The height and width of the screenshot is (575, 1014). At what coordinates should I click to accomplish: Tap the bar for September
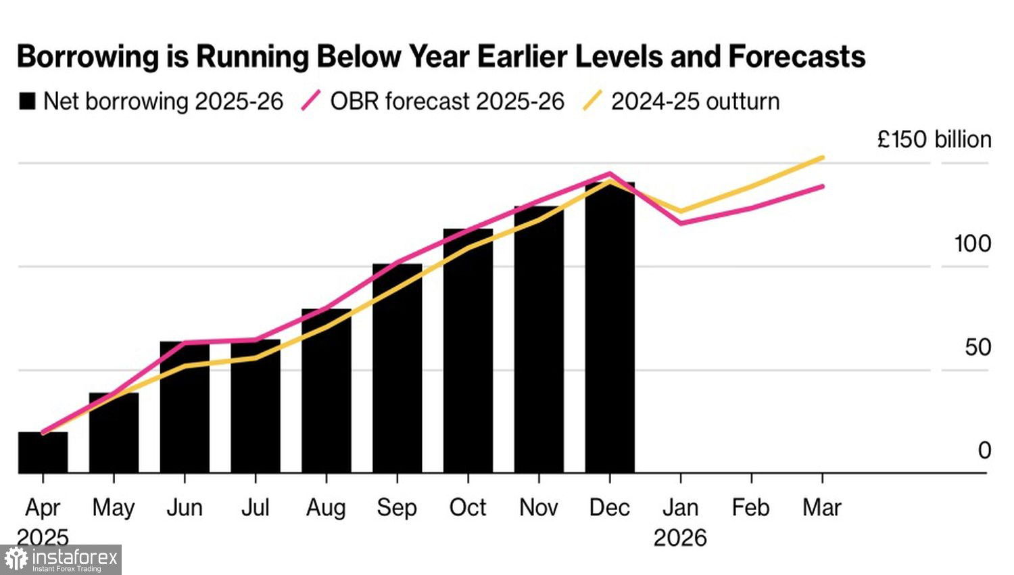click(397, 369)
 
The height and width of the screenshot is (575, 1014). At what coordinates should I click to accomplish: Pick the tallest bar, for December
click(610, 328)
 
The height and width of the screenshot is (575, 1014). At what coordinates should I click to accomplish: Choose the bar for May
click(114, 433)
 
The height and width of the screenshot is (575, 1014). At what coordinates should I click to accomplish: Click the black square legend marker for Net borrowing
click(27, 101)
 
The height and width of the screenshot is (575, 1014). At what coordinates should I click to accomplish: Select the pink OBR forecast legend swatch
click(311, 101)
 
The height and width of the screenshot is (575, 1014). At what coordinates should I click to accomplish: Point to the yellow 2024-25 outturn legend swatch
click(592, 101)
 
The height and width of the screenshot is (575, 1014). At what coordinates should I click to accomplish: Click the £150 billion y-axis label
click(934, 139)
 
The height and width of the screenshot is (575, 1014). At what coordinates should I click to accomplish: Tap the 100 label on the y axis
click(972, 244)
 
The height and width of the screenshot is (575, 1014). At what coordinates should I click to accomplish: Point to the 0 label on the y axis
click(984, 451)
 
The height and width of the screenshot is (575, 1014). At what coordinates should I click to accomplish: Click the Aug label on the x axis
click(326, 507)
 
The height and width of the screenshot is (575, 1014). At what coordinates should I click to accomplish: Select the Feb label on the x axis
click(750, 507)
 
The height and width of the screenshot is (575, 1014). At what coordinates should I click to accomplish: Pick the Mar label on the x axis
click(822, 507)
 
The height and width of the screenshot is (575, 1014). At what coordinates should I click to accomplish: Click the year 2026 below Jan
click(680, 538)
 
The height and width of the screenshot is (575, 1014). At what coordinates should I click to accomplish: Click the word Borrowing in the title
click(88, 56)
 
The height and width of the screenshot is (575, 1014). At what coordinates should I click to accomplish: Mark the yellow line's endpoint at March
click(822, 158)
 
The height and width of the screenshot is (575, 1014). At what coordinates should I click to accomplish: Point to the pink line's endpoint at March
click(822, 186)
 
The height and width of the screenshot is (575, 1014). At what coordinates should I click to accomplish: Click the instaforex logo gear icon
click(16, 559)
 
